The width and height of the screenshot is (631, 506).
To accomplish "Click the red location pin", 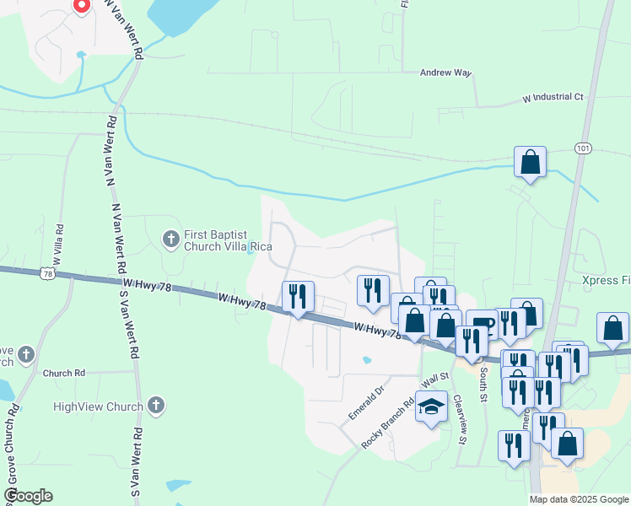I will tap(81, 5).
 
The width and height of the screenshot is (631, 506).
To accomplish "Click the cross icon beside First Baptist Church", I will tap(170, 240).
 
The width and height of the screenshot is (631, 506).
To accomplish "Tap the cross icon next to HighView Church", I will tap(154, 406).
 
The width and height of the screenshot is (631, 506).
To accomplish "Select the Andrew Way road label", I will tap(446, 73).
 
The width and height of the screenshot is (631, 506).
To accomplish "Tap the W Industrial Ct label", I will tap(553, 98).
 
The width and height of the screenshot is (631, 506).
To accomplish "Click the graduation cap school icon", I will tap(431, 408).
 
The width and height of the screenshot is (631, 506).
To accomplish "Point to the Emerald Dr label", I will tap(366, 402).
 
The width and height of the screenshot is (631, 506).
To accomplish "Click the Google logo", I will tap(28, 497).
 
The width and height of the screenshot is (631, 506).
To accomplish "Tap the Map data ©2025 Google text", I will tap(578, 499).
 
